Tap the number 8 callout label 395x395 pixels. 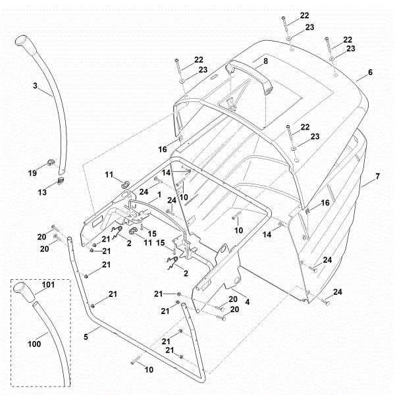[x=265, y=61]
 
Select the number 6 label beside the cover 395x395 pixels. [x=370, y=72]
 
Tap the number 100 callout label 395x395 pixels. [x=32, y=343]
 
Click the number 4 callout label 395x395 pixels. [x=247, y=301]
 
